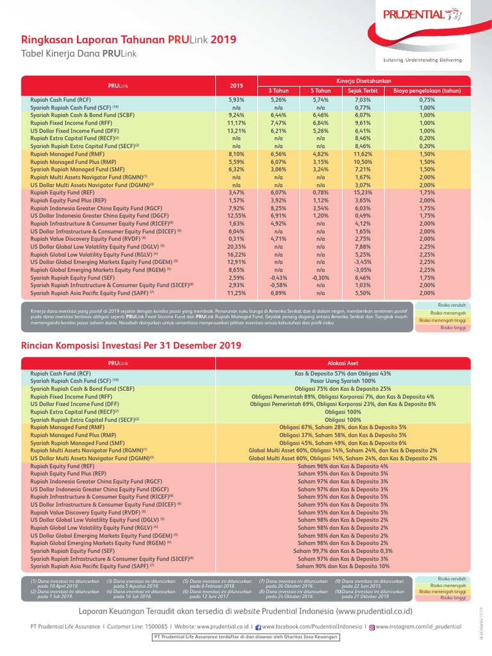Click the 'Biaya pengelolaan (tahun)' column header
point(427,91)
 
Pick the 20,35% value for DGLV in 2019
point(236,245)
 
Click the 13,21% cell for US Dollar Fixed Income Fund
point(236,130)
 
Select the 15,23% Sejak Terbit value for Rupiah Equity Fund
point(363,192)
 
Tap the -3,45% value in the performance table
point(363,261)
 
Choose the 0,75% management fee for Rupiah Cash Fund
point(427,100)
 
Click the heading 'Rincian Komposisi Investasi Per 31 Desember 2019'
point(131,345)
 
